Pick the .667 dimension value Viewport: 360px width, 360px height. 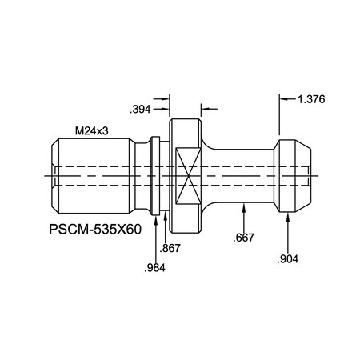point(245,238)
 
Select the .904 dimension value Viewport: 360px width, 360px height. point(289,259)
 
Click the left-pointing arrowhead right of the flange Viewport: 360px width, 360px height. point(204,107)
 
